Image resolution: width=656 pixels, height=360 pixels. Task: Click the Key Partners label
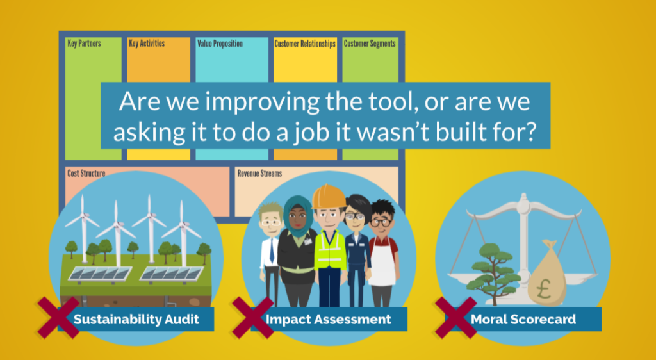click(x=84, y=44)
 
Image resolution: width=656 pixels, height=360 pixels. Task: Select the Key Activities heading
click(x=147, y=44)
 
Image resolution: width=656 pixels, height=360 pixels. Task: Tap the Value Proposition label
click(x=220, y=44)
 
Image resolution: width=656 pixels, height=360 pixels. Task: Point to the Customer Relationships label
click(x=305, y=44)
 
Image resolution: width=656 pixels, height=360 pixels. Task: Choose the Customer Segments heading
click(x=370, y=44)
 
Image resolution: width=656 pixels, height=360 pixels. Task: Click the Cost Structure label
click(x=86, y=173)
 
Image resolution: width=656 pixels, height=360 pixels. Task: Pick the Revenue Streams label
click(x=260, y=173)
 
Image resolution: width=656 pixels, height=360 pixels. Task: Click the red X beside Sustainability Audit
click(x=58, y=317)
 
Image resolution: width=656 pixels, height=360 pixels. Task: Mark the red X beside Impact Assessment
click(x=253, y=317)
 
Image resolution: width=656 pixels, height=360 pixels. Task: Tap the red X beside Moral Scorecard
click(x=456, y=317)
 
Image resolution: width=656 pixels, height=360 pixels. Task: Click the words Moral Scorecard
click(x=523, y=320)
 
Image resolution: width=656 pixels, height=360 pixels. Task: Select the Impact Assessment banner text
click(x=329, y=320)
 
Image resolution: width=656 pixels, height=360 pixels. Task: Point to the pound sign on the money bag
click(x=543, y=289)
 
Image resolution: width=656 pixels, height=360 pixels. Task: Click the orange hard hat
click(x=329, y=196)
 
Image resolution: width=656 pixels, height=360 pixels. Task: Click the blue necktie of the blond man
click(x=272, y=251)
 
